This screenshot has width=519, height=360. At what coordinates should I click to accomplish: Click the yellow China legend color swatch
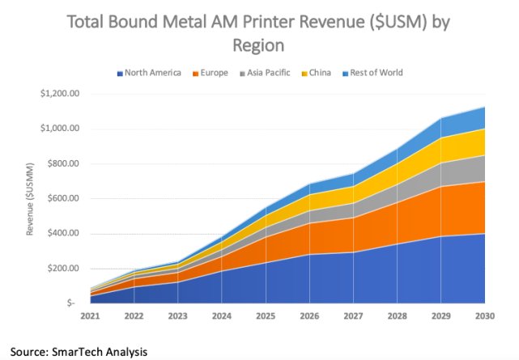306,73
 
